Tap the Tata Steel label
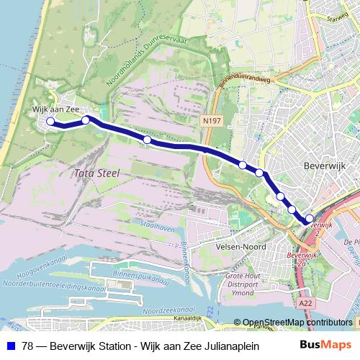[x=96, y=174]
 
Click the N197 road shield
[x=212, y=122]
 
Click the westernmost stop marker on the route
[x=50, y=122]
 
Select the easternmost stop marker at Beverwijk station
[x=310, y=219]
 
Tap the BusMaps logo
[x=330, y=345]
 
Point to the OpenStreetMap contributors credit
[x=297, y=323]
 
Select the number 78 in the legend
[x=28, y=346]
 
